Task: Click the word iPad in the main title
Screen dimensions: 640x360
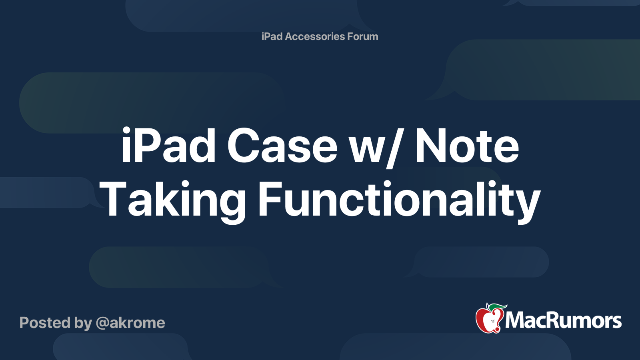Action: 168,145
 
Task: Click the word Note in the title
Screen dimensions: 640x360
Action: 467,146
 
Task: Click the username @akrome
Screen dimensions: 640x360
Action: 130,323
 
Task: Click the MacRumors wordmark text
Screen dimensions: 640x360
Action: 563,320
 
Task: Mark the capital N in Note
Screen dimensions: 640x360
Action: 432,146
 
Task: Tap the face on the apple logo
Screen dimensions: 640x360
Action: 492,322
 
